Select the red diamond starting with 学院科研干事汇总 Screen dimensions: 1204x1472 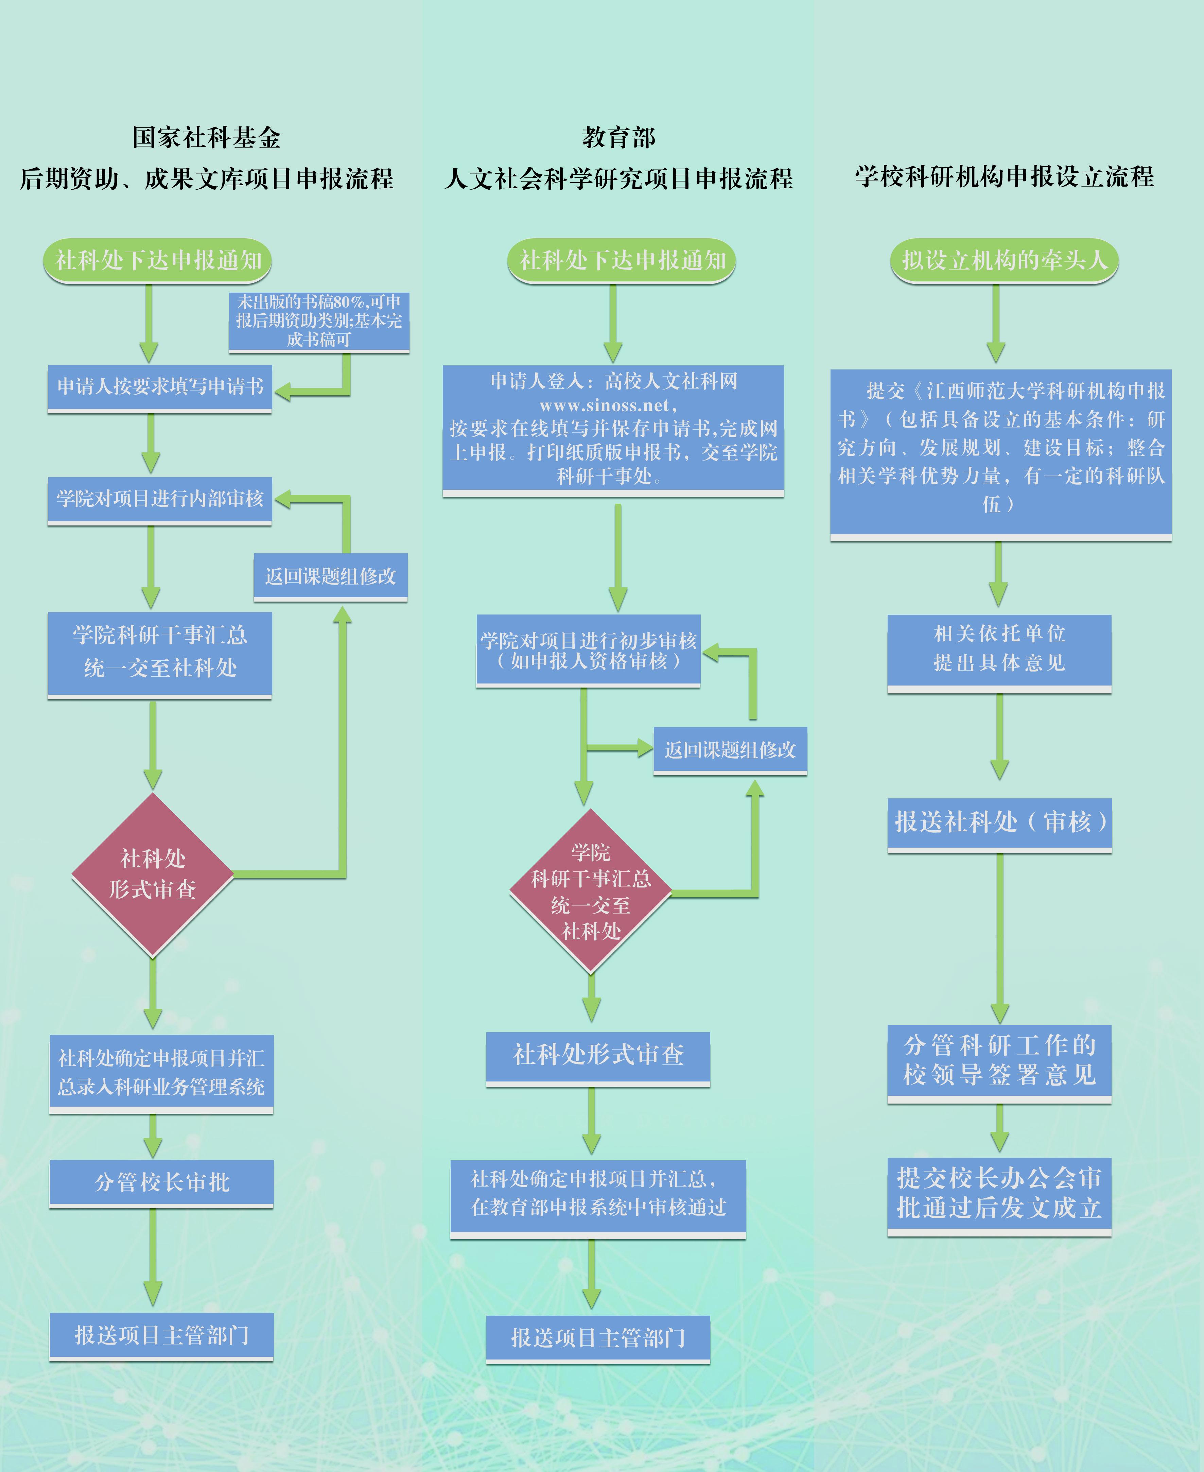click(x=591, y=891)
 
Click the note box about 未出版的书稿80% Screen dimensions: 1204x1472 click(x=319, y=322)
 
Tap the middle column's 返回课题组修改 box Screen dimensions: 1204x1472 click(x=730, y=750)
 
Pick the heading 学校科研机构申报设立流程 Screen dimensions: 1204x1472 click(x=1004, y=177)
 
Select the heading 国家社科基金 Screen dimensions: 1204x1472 click(x=207, y=137)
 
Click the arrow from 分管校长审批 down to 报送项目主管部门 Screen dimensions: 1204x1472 click(x=153, y=1257)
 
